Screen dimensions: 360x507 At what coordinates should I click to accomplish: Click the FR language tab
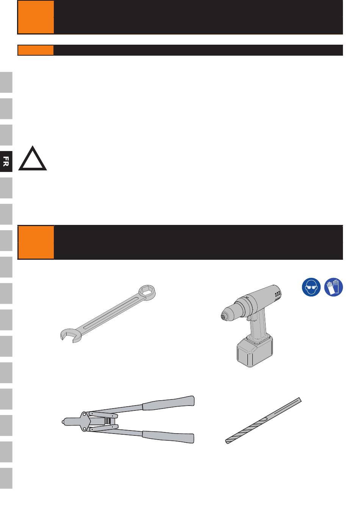coord(6,161)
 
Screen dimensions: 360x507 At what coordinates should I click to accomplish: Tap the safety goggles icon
coord(311,287)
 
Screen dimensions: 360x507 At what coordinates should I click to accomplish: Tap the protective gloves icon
coord(333,287)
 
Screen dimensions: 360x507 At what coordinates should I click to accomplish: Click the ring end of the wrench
coord(147,292)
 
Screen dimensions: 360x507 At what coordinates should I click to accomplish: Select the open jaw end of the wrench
coord(69,335)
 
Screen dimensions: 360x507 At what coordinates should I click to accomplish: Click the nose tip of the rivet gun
coord(63,422)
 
